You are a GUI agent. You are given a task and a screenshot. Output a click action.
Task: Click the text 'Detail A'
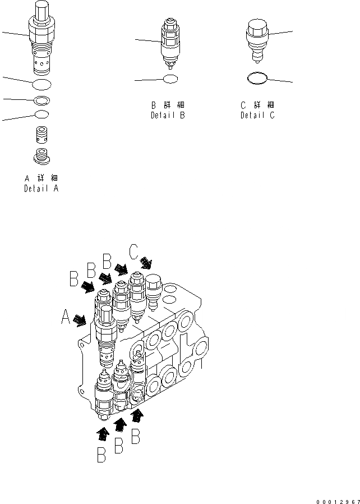[x=40, y=189]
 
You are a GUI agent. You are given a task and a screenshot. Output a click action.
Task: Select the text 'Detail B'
[x=168, y=116]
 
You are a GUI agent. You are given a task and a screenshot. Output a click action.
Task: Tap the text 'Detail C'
[x=257, y=116]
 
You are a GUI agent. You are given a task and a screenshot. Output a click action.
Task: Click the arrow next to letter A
[x=80, y=320]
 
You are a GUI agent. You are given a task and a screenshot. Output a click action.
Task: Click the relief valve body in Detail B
[x=171, y=42]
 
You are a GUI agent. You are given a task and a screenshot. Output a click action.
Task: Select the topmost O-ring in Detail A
[x=41, y=85]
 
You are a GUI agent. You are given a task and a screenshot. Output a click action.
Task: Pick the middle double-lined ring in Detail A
[x=41, y=101]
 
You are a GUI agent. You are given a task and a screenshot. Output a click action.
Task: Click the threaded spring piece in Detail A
[x=41, y=135]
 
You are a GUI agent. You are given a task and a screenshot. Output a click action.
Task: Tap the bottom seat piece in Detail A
[x=41, y=157]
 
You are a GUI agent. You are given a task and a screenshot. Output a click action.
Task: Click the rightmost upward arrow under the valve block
[x=136, y=416]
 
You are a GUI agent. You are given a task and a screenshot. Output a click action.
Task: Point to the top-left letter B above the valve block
[x=73, y=278]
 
